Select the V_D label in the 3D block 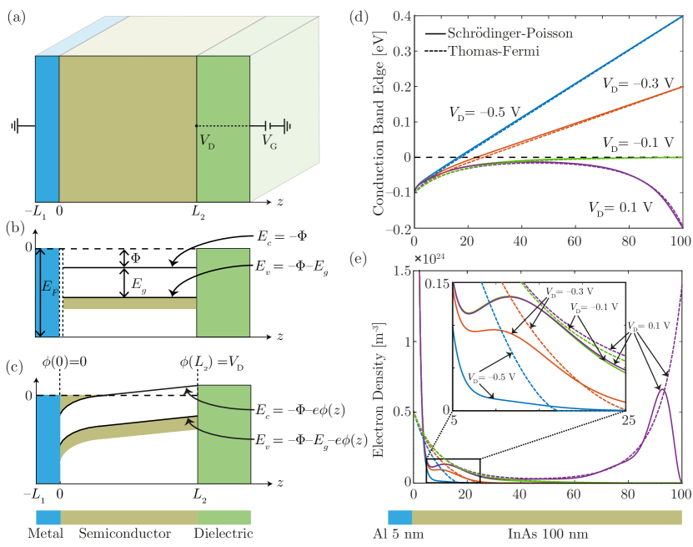tap(207, 141)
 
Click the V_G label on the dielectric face tap(270, 142)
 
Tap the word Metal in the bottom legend tap(47, 533)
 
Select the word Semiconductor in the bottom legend tap(125, 533)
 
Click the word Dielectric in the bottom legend tap(223, 533)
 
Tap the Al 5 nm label tap(396, 532)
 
